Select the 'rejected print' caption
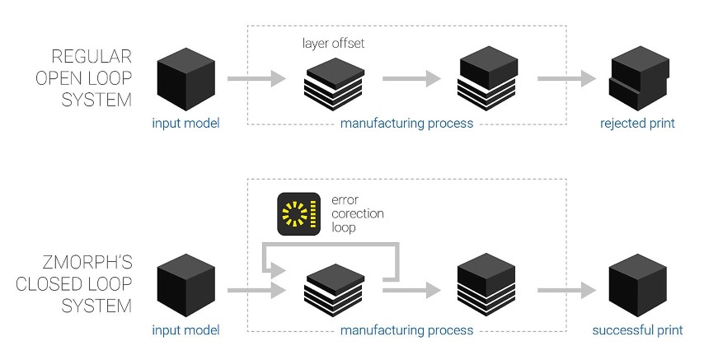click(x=637, y=124)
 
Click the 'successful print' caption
click(x=637, y=330)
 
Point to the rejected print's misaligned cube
click(x=637, y=83)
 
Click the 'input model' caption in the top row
click(x=186, y=124)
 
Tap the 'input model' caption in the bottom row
click(x=186, y=330)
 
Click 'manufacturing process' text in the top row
click(x=407, y=124)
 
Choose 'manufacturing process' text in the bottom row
click(x=407, y=330)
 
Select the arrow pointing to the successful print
click(x=566, y=289)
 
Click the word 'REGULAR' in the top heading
click(x=92, y=57)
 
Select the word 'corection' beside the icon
click(x=357, y=213)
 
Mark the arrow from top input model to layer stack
click(x=256, y=80)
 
